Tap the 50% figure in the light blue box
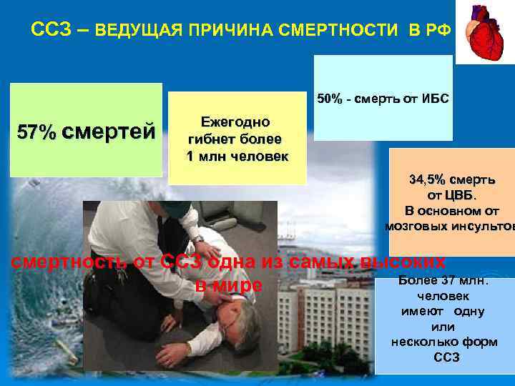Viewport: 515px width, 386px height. [330, 98]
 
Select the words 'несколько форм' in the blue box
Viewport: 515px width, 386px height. [444, 342]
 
